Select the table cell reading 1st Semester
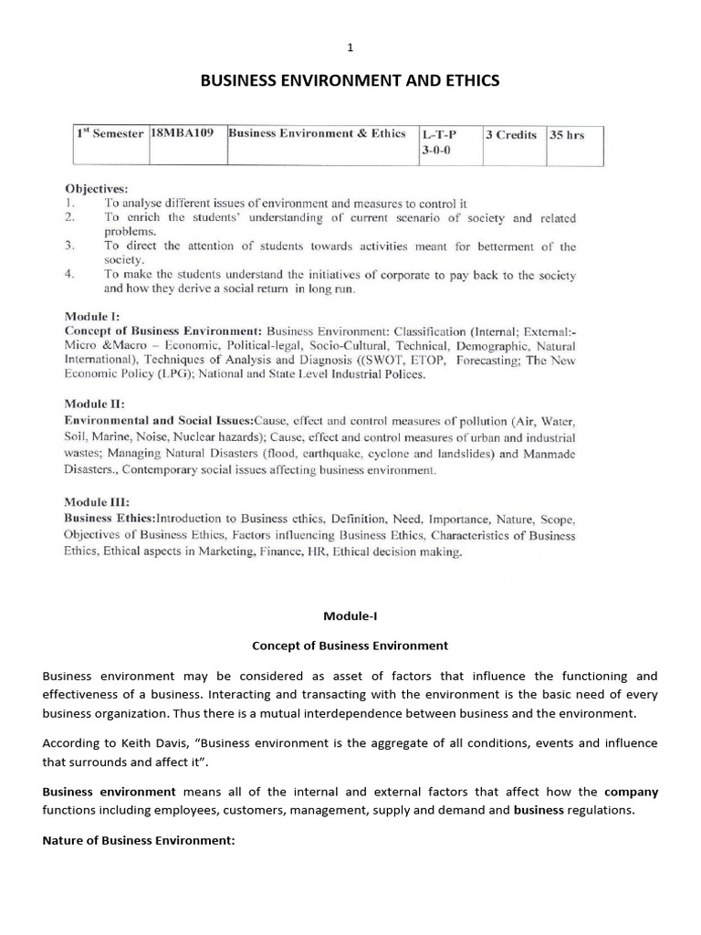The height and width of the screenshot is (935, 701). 110,134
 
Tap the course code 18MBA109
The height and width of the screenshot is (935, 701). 183,133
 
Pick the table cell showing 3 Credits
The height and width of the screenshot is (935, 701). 510,134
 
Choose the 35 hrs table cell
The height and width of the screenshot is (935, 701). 566,135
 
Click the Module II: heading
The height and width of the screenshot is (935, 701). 93,403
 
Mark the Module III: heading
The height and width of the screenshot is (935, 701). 96,501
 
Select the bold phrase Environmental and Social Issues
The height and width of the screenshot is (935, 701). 158,420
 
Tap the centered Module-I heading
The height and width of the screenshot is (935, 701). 350,618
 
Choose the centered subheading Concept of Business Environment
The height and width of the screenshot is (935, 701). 350,646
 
